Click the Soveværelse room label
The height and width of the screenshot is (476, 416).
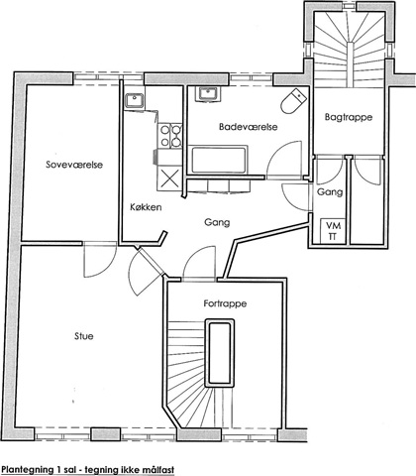[74, 165]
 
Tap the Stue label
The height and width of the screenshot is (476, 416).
[84, 336]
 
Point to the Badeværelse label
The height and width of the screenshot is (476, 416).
[249, 127]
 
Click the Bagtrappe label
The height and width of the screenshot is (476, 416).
[349, 117]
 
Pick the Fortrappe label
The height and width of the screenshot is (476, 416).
[225, 303]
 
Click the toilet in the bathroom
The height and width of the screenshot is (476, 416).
[292, 100]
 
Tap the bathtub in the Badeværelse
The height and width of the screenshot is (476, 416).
[218, 160]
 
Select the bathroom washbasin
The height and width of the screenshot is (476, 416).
[207, 94]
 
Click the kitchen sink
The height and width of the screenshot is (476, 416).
[134, 101]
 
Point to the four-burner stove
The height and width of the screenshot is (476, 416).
[170, 136]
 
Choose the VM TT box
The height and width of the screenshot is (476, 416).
[333, 231]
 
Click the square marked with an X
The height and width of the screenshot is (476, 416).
[169, 179]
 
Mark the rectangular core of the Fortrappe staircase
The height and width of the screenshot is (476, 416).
[220, 353]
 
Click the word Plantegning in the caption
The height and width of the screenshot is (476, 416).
[27, 470]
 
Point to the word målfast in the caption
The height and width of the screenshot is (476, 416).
[158, 469]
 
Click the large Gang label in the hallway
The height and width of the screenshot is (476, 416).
[217, 222]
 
